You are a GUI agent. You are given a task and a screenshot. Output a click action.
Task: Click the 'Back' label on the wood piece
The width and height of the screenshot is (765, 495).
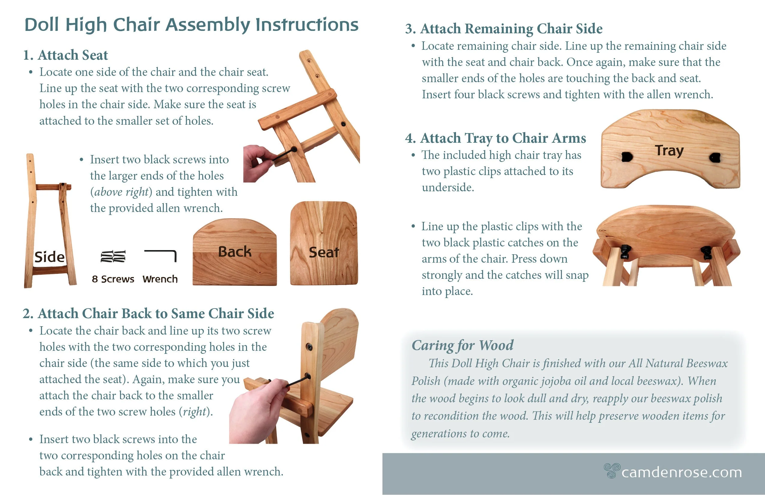235,252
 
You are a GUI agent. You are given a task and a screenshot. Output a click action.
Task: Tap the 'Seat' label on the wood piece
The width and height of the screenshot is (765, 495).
324,252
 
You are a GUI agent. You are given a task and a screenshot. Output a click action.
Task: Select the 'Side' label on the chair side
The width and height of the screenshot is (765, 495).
49,257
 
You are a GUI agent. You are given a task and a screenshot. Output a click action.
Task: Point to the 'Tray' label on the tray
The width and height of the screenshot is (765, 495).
669,150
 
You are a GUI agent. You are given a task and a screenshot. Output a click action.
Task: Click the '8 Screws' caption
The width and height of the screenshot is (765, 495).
113,279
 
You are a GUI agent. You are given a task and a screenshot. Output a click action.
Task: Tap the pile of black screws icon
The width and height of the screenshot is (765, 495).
113,256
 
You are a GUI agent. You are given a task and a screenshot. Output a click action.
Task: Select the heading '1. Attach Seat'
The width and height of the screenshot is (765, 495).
65,55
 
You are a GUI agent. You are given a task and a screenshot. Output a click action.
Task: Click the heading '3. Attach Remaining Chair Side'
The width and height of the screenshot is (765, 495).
503,28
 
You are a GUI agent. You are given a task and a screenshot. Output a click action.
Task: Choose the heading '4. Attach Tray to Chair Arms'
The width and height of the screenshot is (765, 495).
495,138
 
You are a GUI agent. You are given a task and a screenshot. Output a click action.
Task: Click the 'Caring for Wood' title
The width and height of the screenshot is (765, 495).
462,345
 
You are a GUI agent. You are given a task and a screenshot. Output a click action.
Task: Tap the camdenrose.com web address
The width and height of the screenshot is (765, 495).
681,472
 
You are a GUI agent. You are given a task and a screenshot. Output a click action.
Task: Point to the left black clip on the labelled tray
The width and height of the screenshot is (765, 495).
627,157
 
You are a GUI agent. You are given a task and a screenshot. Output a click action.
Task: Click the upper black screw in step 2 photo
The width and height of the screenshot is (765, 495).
309,347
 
